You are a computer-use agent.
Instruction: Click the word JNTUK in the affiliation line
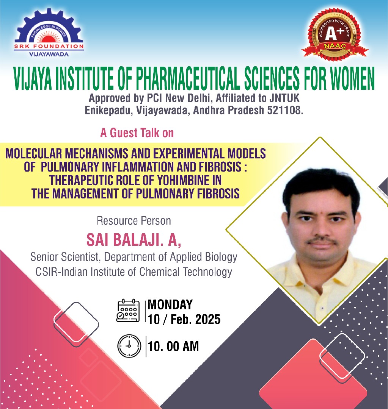coord(284,98)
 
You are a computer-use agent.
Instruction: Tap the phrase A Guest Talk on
coord(137,133)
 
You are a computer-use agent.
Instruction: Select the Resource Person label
coord(134,221)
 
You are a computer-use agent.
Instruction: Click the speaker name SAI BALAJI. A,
coord(134,239)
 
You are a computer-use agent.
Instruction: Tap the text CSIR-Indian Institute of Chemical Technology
coord(134,272)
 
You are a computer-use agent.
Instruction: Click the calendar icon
coord(128,311)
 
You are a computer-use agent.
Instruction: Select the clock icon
coord(129,346)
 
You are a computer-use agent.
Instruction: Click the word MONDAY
coord(170,304)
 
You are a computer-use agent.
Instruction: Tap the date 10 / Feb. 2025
coord(184,320)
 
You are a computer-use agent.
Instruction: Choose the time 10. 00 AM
coord(173,347)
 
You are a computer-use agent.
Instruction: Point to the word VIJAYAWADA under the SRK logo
coord(49,54)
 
